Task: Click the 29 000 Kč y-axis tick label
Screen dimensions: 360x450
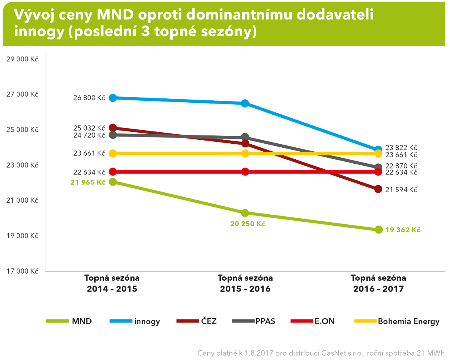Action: click(22, 59)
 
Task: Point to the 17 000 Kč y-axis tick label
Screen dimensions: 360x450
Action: click(22, 271)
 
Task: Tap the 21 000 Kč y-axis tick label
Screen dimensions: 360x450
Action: click(22, 200)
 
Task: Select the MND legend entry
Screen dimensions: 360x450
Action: click(69, 321)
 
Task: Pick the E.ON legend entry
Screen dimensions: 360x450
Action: click(313, 321)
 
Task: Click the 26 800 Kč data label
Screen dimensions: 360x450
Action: click(89, 98)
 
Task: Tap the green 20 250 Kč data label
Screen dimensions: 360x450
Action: click(247, 223)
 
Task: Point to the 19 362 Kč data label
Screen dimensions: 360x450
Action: click(403, 230)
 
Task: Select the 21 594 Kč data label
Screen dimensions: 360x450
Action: click(401, 190)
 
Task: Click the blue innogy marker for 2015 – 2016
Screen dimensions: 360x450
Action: click(245, 103)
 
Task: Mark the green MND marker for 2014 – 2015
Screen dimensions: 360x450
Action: click(113, 182)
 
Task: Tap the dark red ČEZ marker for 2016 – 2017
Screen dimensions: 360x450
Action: click(378, 189)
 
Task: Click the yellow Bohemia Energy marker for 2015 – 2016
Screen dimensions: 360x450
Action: click(245, 153)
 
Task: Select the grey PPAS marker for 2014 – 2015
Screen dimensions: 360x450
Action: click(113, 135)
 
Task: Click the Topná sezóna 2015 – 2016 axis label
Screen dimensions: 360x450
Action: click(245, 283)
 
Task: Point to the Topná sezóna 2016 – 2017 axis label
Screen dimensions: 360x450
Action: click(378, 283)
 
